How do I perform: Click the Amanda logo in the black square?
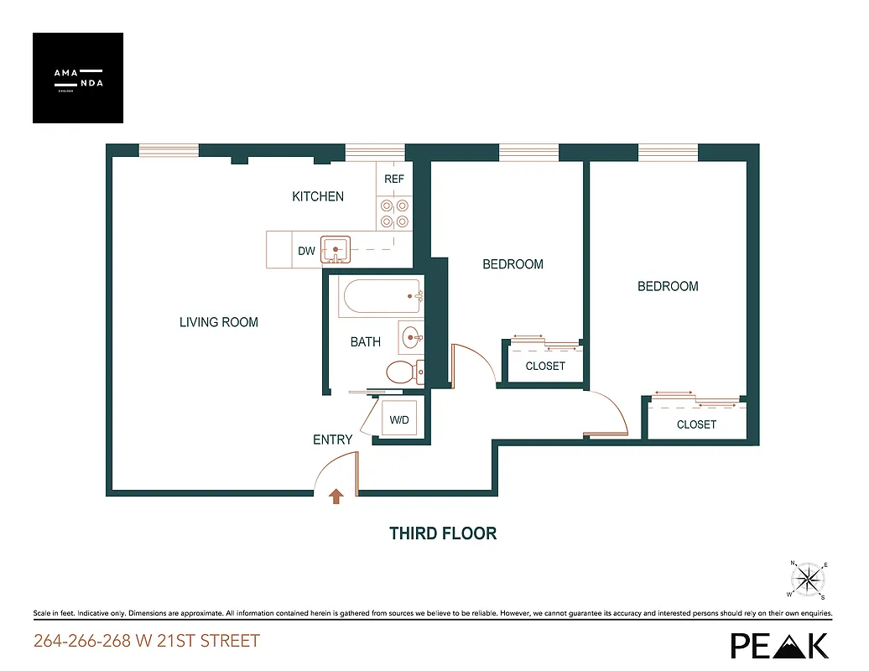coord(78,78)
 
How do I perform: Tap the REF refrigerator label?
coord(394,179)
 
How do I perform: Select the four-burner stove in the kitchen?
coord(394,213)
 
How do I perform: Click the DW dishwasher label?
coord(306,251)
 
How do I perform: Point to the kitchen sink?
coord(336,250)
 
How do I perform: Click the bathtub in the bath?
coord(380,297)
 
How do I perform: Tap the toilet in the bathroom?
coord(402,371)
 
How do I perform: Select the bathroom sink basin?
coord(411,338)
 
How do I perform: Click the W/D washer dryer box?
coord(399,419)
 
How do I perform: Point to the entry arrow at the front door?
coord(336,497)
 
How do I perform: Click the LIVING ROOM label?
coord(219,322)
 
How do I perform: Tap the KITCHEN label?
coord(318,196)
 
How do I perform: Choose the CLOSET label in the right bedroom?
coord(696,424)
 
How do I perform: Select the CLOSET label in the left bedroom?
coord(545,366)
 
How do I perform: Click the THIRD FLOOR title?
coord(443,533)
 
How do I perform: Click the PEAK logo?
coord(779,644)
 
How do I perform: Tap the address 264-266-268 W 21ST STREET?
coord(147,642)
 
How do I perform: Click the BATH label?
coord(366,342)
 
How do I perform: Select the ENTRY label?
coord(333,440)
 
